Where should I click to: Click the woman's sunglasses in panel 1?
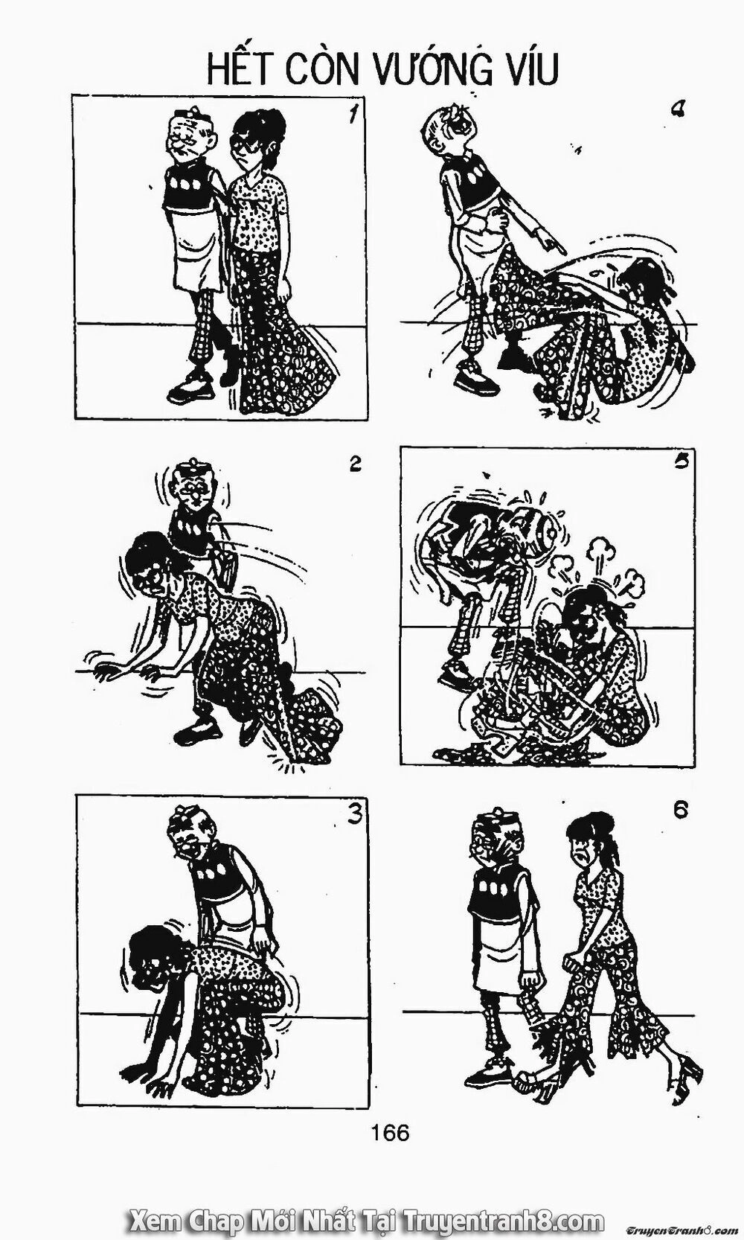(x=248, y=142)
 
